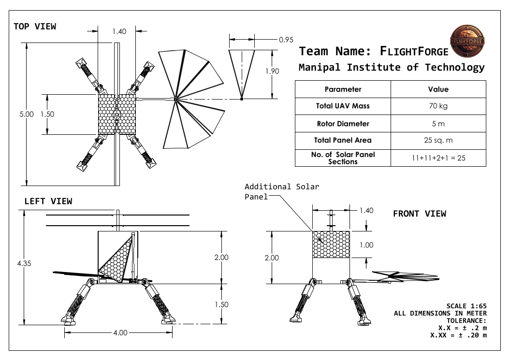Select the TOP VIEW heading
click(35, 27)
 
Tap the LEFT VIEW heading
click(48, 201)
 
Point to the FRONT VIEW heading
click(419, 214)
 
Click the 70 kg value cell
click(438, 106)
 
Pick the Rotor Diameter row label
click(343, 124)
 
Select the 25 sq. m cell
click(438, 141)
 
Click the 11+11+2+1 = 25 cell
click(438, 158)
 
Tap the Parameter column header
click(343, 89)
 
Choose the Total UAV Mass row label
click(343, 106)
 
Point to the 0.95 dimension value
click(287, 40)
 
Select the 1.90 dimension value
click(272, 71)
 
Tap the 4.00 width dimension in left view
click(120, 332)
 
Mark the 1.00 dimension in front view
click(366, 245)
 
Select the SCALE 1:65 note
click(466, 306)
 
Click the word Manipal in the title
click(320, 68)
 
